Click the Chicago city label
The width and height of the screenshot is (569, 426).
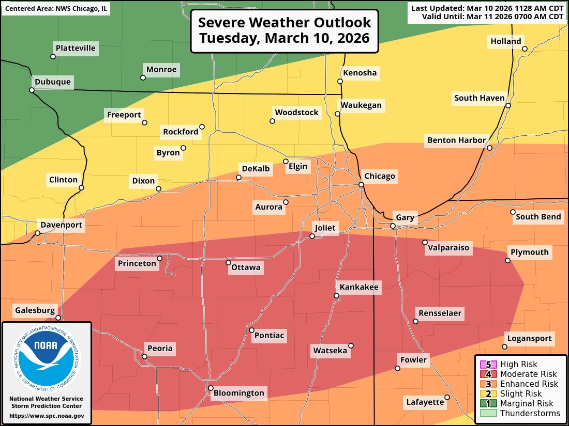(x=380, y=176)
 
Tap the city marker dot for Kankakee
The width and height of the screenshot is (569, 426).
(x=336, y=296)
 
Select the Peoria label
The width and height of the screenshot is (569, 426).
(x=160, y=349)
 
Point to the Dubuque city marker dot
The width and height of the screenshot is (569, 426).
(x=32, y=90)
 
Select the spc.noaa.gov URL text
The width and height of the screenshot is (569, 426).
(x=47, y=416)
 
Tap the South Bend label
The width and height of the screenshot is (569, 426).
(x=538, y=217)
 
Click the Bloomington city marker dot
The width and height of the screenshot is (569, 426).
(x=211, y=388)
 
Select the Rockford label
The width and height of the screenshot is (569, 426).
(x=181, y=132)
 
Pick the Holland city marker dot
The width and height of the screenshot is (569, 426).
(x=525, y=49)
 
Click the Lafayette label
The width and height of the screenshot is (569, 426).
(x=425, y=402)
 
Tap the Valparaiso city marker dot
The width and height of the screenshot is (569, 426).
(x=425, y=242)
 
